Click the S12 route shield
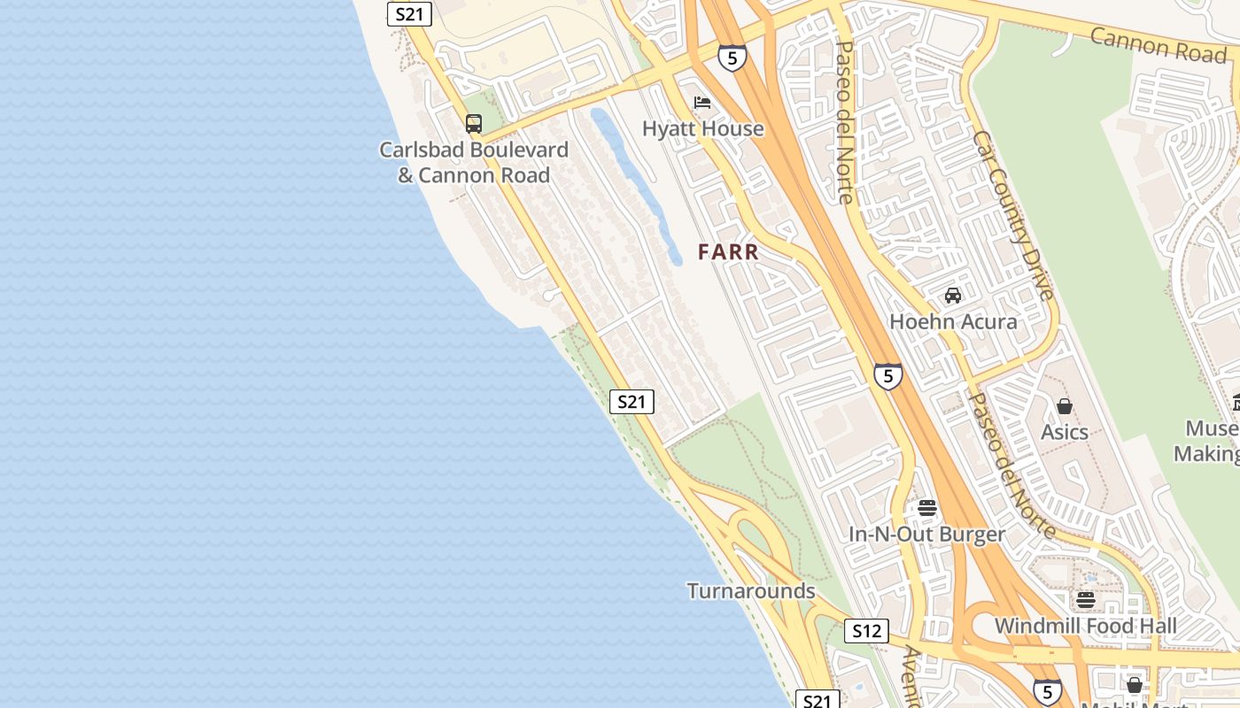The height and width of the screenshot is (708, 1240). coord(865,631)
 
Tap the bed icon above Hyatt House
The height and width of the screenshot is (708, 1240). coord(702,103)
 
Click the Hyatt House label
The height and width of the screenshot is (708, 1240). coord(702,129)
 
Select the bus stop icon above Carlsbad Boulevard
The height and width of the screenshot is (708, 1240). coord(474,124)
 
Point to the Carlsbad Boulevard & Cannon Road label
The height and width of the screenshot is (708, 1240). coord(474,163)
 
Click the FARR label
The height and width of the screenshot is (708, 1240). coord(728,252)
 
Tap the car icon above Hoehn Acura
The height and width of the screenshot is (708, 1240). coord(953,296)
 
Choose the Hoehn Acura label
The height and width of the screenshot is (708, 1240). coord(953,321)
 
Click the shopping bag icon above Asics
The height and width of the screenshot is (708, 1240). coord(1065,406)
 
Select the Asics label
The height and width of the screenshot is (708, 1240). coord(1065,432)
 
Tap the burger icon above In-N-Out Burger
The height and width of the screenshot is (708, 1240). coord(927,508)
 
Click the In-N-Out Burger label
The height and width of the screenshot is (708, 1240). coord(927,535)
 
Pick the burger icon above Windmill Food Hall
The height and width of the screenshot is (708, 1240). coord(1086,600)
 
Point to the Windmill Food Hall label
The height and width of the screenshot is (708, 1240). coord(1086,627)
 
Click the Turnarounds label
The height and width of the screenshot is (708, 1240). coord(751,591)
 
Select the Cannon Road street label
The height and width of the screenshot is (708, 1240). coord(1158,44)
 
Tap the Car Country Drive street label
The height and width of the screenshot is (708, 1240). coord(1013,215)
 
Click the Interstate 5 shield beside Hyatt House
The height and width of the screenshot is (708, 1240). coord(732,58)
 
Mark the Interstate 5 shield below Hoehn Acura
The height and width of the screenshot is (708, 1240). coord(887,376)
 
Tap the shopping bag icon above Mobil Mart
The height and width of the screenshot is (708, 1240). coord(1135,685)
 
